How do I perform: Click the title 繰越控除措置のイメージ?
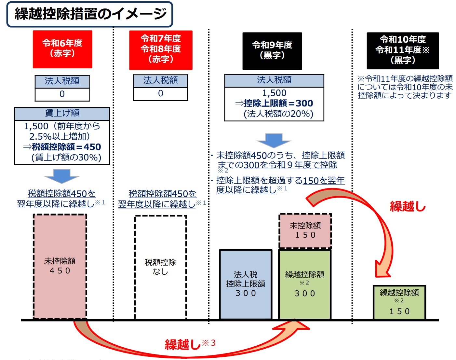click(x=90, y=14)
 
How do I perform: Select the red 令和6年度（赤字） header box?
click(x=62, y=49)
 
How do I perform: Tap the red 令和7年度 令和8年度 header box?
click(x=161, y=50)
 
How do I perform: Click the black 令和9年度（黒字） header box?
click(x=272, y=51)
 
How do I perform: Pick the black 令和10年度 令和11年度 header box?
click(x=403, y=50)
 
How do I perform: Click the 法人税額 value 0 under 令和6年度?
click(x=62, y=94)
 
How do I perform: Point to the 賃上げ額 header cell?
click(x=62, y=114)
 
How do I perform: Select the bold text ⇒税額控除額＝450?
click(x=62, y=147)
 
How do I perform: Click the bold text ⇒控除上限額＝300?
click(x=274, y=103)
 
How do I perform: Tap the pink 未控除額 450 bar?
click(x=60, y=266)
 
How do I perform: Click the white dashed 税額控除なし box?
click(x=160, y=267)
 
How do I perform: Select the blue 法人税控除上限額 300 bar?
click(x=246, y=284)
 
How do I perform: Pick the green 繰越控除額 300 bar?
click(x=305, y=284)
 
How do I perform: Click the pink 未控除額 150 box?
click(x=305, y=231)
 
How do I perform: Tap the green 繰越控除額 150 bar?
click(x=399, y=302)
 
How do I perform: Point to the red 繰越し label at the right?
click(x=408, y=206)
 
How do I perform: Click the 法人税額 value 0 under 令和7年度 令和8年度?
click(x=161, y=94)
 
